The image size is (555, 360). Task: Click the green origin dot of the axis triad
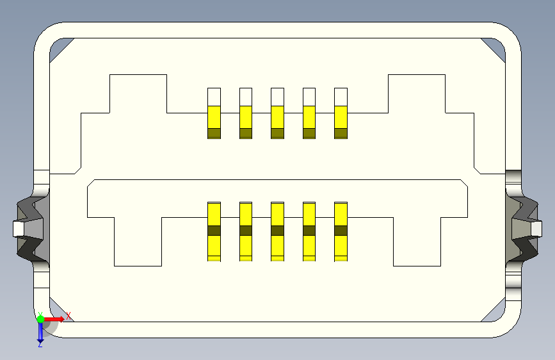[40, 318]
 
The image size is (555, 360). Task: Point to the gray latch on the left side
[28, 229]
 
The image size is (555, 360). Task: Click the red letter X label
[68, 315]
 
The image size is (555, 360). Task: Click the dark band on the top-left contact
[214, 133]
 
